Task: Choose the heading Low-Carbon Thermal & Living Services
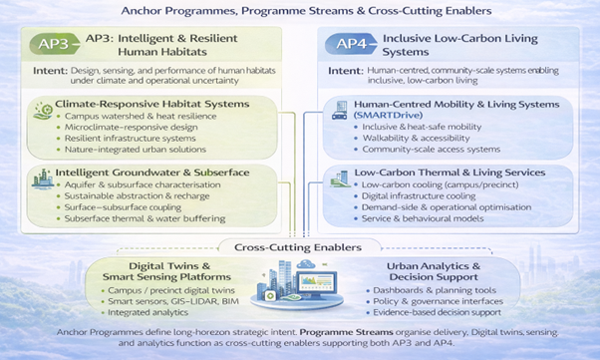coord(454,173)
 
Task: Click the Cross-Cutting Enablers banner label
coord(300,247)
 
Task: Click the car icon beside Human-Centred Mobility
coord(339,112)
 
